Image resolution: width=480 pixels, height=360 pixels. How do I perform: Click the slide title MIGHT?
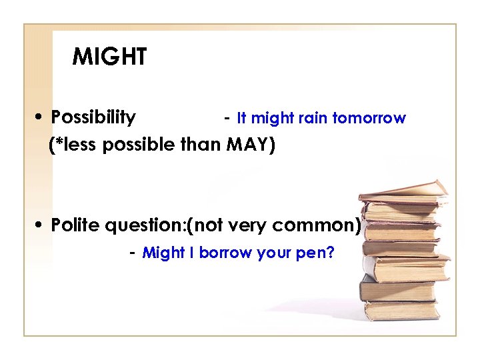coord(109,57)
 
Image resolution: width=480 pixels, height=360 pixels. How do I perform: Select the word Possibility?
coord(93,118)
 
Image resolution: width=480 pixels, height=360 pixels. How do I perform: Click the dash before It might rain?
coord(227,118)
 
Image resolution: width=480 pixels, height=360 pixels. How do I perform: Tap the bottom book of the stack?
coord(401,310)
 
